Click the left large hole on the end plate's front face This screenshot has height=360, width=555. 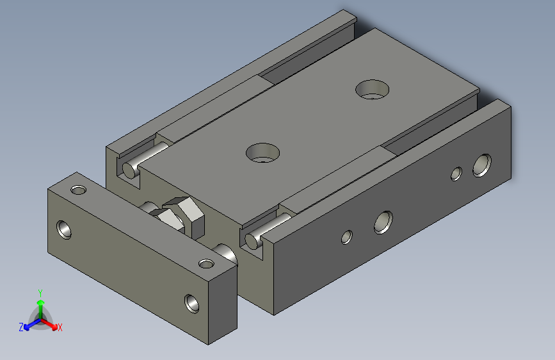(x=65, y=228)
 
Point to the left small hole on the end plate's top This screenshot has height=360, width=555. (x=78, y=190)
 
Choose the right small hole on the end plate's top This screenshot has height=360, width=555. (x=205, y=263)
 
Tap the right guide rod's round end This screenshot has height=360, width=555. (x=253, y=241)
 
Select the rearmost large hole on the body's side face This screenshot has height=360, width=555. (x=481, y=165)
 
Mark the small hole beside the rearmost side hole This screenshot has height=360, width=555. (x=456, y=173)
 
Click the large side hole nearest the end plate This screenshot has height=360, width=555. (x=383, y=221)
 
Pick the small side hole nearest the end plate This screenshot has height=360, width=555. (x=346, y=236)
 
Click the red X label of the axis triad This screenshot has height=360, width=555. (x=60, y=327)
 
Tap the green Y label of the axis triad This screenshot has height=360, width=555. (x=40, y=291)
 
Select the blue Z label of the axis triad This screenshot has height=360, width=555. (x=21, y=327)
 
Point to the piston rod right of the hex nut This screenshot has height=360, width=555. (x=225, y=252)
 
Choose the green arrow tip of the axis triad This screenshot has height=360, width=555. (x=40, y=302)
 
